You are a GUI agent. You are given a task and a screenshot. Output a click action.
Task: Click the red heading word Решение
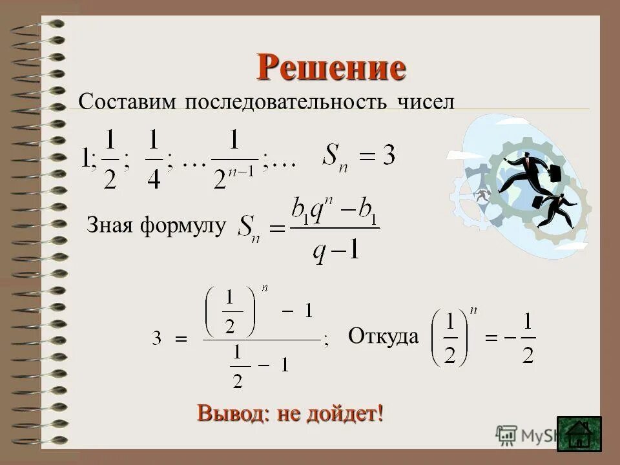331,67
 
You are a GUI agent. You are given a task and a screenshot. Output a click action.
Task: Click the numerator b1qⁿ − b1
335,212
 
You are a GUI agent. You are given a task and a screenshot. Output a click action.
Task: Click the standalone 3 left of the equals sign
157,338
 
